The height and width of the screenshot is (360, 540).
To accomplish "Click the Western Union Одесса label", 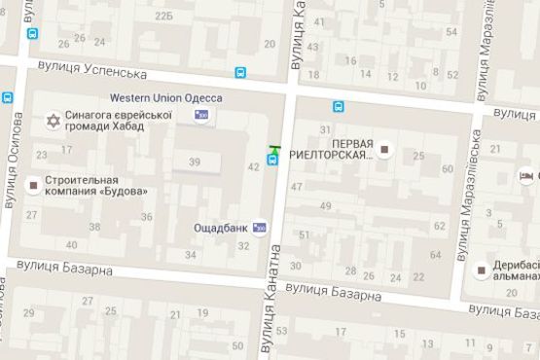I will click(165, 98).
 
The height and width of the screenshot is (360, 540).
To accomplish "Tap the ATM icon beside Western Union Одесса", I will click(201, 115).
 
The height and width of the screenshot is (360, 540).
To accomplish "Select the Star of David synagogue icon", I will click(54, 122).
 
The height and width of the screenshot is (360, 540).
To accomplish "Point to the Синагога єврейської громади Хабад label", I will click(119, 122).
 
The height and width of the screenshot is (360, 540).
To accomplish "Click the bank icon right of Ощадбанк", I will click(259, 228).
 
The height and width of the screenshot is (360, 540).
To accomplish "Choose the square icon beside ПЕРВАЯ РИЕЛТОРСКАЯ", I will click(385, 150).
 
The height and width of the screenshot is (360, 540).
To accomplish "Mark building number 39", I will click(195, 162).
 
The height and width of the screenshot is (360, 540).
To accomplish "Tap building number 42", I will click(253, 167).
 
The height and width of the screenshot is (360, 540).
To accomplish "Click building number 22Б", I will click(164, 17).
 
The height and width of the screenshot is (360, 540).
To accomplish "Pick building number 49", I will click(325, 206).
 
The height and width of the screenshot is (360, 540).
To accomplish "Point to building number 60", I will click(449, 169).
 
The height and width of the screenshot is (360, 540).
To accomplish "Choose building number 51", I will click(305, 234).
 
